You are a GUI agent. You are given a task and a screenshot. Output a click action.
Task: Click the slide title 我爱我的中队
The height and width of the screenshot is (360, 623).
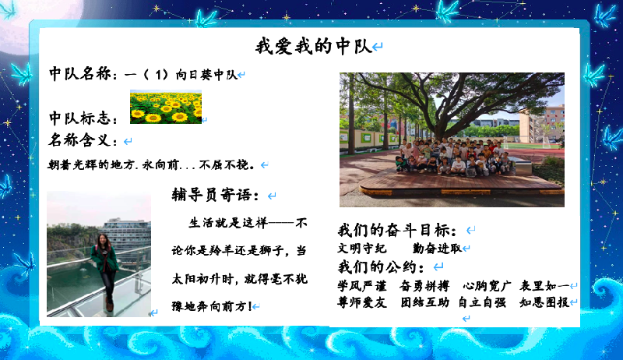tap(314, 46)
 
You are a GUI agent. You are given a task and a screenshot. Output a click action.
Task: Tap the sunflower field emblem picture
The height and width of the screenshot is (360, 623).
tap(166, 107)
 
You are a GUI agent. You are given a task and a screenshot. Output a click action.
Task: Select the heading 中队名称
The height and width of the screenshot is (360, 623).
tap(80, 74)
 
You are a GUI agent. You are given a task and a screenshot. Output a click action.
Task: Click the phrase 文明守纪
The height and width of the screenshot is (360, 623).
tap(361, 249)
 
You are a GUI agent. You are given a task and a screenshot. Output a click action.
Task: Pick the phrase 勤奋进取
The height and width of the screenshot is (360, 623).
tap(437, 249)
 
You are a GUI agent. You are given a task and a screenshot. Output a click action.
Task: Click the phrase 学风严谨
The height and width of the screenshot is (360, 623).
tap(361, 286)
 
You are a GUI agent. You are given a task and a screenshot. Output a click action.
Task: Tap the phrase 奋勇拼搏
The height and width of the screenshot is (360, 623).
tap(424, 286)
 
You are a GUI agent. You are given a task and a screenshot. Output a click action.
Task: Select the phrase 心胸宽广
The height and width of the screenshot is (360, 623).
tap(487, 286)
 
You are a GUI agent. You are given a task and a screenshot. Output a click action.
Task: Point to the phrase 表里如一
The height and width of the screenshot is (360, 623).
tap(544, 286)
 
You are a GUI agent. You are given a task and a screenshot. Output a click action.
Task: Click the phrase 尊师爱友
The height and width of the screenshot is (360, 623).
tap(361, 302)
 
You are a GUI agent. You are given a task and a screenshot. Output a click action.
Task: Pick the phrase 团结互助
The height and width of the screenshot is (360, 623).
tap(424, 302)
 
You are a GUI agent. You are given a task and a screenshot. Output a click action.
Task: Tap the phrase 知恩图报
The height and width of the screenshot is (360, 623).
tap(544, 302)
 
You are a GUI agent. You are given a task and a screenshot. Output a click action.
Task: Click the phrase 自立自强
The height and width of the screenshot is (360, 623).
tap(482, 302)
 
